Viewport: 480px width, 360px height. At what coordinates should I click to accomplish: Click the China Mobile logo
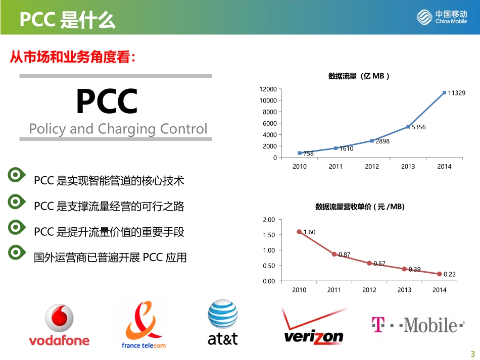coord(442,17)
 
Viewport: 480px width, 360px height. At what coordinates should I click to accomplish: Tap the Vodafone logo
coord(59,325)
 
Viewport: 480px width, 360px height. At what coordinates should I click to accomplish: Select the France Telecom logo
coord(143,325)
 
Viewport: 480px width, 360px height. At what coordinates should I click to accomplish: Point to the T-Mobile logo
coord(417,325)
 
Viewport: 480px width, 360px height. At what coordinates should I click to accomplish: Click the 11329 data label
coord(457,93)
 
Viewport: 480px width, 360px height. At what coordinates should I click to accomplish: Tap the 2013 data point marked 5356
coord(408,126)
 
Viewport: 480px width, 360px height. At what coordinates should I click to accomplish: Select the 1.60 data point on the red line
coord(299,232)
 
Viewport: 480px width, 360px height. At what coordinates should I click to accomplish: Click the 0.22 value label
coord(449,274)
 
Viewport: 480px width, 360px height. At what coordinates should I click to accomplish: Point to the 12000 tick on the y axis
coord(268,89)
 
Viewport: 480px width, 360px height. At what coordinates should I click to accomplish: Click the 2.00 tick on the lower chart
coord(269,220)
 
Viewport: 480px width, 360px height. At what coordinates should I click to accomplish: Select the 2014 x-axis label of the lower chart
coord(439,290)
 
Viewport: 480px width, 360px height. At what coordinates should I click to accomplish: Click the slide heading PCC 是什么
coord(67,21)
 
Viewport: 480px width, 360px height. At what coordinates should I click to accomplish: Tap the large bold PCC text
coord(107,101)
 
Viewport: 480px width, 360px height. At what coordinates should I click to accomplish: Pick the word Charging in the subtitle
coord(126,129)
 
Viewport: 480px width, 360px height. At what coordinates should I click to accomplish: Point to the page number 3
coord(473,353)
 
